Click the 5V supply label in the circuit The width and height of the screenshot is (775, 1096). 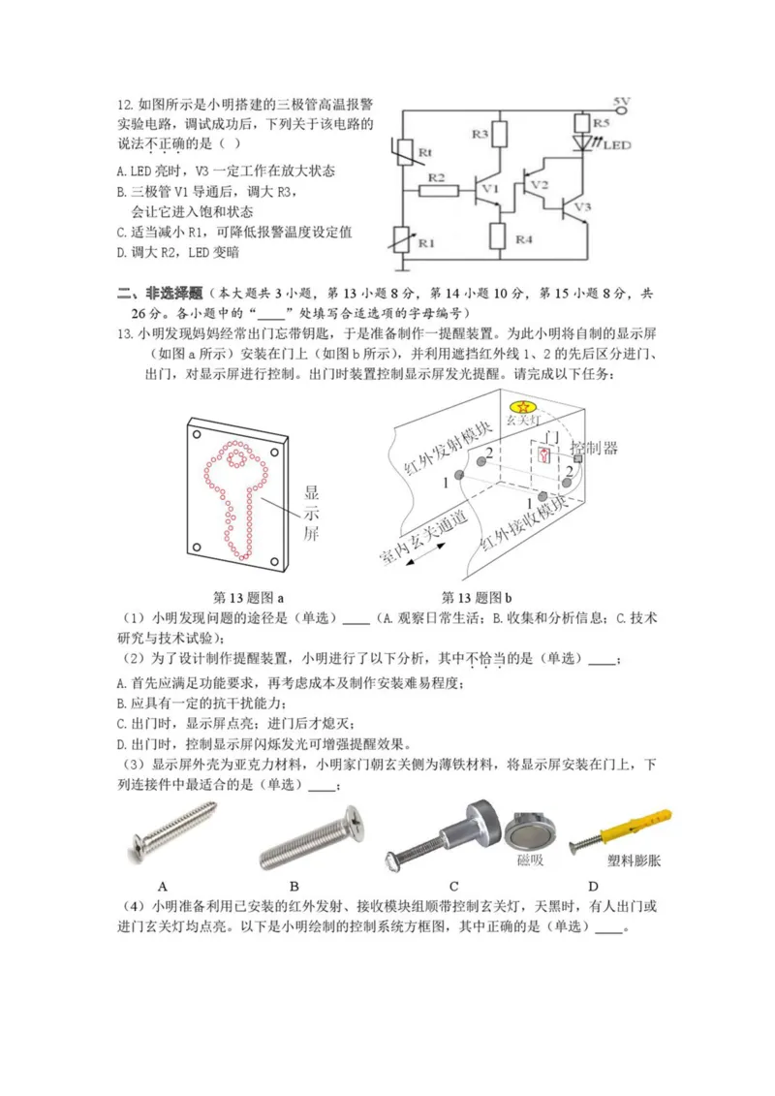622,102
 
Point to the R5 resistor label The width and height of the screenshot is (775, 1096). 601,124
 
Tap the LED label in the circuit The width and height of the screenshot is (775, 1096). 617,146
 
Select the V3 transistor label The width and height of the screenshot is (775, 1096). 581,207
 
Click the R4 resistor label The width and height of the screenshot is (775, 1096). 524,238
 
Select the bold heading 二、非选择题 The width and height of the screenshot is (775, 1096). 160,292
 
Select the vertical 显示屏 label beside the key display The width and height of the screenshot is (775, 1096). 311,512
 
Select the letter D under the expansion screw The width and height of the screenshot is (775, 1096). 593,885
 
